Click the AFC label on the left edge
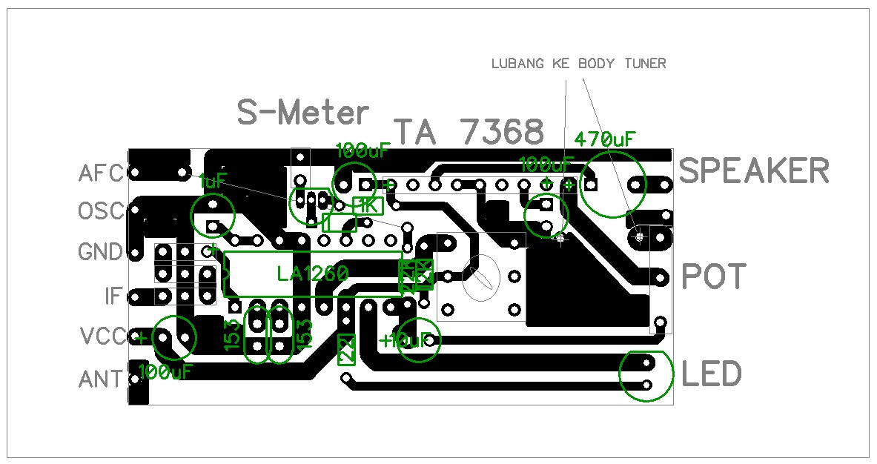[x=100, y=173]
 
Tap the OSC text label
[x=100, y=212]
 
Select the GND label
[x=100, y=253]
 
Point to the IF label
[x=113, y=297]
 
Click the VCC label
[x=102, y=337]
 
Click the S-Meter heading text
[x=302, y=113]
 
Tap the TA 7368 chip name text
[x=469, y=133]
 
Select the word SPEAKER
[x=754, y=171]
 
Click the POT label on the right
[x=713, y=277]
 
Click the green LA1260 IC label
[x=312, y=274]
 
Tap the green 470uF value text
[x=604, y=139]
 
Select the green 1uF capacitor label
[x=212, y=180]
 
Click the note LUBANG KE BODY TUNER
[x=578, y=64]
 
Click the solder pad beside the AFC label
[x=136, y=173]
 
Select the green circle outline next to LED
[x=646, y=375]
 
